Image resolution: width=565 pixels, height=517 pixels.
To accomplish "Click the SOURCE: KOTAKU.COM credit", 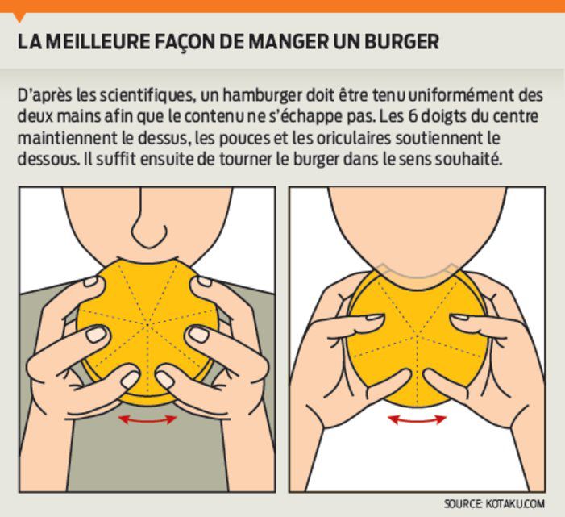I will [x=495, y=503].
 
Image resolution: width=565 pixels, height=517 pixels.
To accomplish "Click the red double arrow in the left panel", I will [x=148, y=419].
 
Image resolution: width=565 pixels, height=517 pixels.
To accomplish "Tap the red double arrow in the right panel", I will [x=416, y=419].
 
